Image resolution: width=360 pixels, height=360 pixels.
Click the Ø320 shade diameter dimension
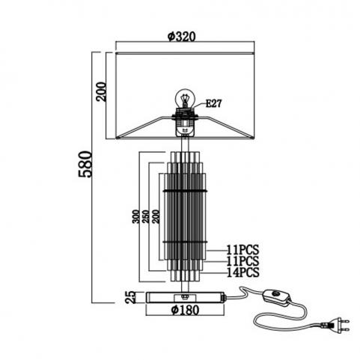[x=181, y=37]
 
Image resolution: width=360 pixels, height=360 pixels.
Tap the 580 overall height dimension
[x=85, y=164]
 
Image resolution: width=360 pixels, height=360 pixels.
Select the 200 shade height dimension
[x=102, y=91]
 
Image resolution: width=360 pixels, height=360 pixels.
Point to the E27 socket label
[x=213, y=103]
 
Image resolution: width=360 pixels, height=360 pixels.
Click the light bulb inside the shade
[x=184, y=99]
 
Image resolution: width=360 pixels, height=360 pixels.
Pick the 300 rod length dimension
[x=135, y=216]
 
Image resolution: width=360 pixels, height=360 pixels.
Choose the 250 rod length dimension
[x=146, y=216]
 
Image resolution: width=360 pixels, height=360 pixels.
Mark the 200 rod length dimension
[x=156, y=216]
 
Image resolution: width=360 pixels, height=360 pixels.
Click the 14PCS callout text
[x=242, y=272]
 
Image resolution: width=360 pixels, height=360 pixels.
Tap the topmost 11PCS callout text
[x=242, y=250]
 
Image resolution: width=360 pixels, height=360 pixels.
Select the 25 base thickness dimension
[x=130, y=297]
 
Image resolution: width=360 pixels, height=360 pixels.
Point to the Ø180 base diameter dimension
[x=186, y=310]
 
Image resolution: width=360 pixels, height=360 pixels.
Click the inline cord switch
[x=276, y=297]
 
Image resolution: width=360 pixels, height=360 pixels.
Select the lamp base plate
[x=186, y=297]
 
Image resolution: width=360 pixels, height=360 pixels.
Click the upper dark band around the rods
[x=185, y=191]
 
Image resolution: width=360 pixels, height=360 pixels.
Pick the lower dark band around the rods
[x=185, y=242]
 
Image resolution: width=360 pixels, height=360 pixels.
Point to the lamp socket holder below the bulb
[x=185, y=121]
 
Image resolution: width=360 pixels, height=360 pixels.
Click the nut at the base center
[x=185, y=296]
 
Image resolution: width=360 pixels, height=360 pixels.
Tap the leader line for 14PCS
[x=213, y=273]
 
